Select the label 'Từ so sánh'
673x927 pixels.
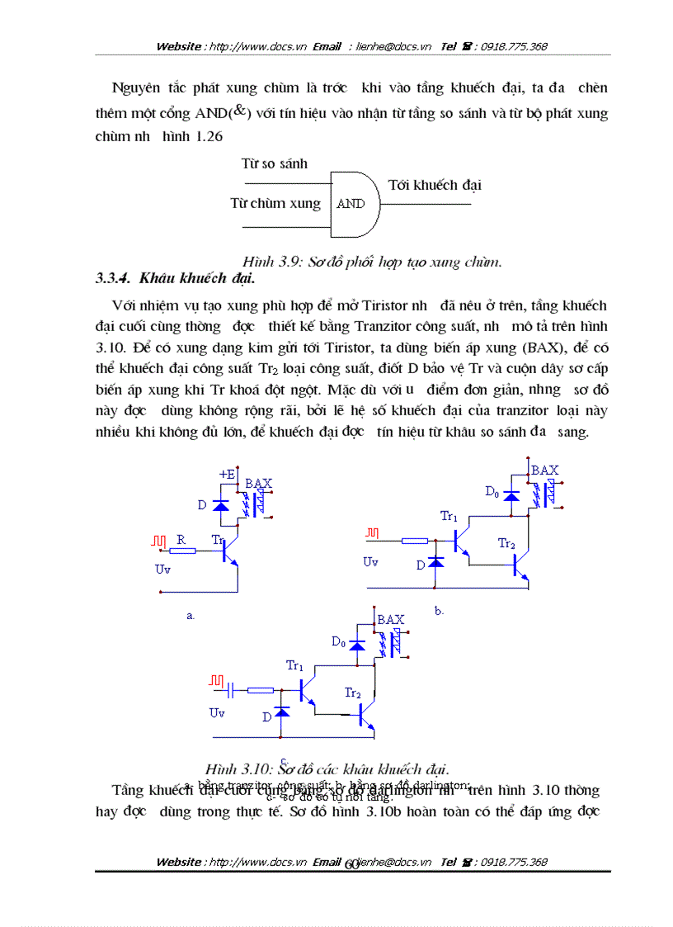coord(275,163)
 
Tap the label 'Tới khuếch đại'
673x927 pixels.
coord(435,185)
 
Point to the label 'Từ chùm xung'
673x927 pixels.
coord(275,203)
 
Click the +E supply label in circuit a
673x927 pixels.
coord(227,474)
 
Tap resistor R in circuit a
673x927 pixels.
coord(182,551)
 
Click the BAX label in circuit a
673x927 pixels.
coord(259,483)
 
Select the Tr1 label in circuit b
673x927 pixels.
coord(449,517)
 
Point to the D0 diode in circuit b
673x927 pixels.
coord(511,495)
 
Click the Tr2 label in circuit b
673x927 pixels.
coord(506,543)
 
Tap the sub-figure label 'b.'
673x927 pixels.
coord(440,611)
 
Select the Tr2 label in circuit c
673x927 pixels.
coord(353,693)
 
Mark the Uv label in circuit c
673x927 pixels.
coord(217,712)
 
